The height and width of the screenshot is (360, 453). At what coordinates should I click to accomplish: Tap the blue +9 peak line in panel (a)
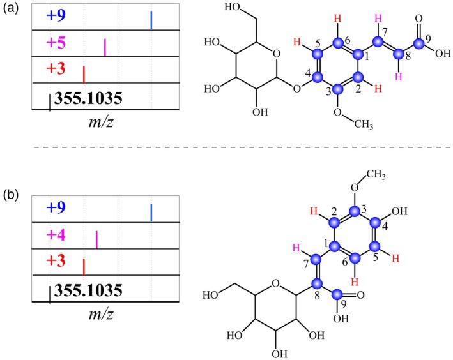click(x=151, y=20)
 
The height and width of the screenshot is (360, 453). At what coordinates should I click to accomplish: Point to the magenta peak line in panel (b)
click(x=96, y=239)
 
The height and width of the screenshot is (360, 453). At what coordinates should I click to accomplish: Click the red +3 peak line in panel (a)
click(x=84, y=72)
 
